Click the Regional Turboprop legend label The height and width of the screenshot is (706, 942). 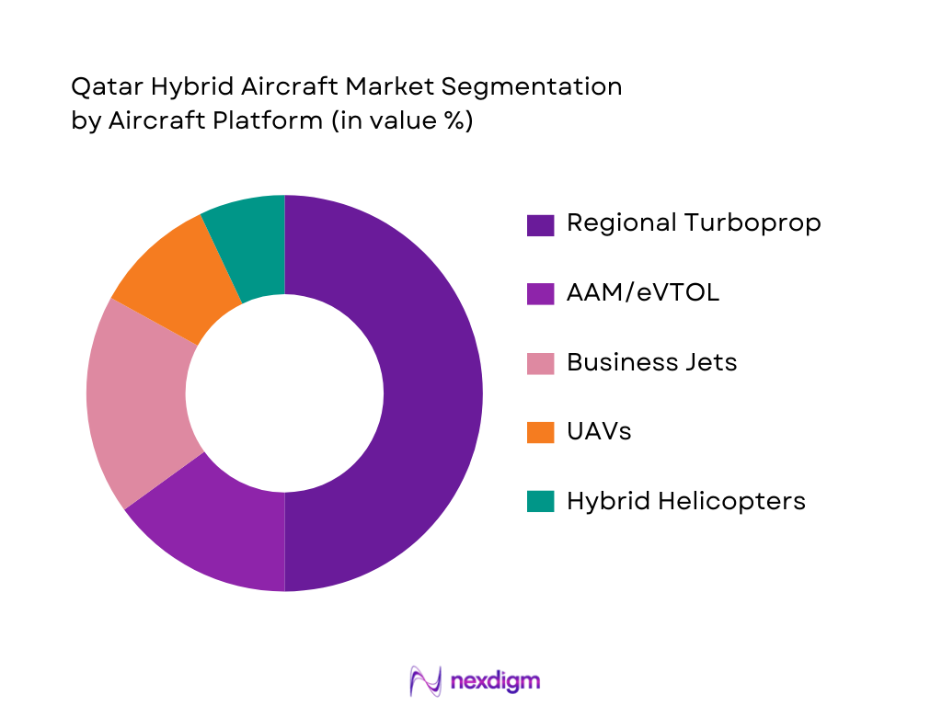[x=694, y=223]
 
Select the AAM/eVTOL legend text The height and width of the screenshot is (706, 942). [x=643, y=292]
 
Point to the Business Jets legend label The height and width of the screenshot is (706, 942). [x=651, y=362]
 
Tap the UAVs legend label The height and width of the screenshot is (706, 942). [x=599, y=431]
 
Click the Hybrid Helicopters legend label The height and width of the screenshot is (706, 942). [x=686, y=501]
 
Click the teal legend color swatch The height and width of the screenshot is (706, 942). [x=540, y=501]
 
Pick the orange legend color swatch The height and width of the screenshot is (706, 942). [x=540, y=432]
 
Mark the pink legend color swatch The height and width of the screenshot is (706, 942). [x=540, y=362]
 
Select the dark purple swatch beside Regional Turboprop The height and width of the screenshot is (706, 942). [x=540, y=224]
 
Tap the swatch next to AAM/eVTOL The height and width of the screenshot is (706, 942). [x=540, y=293]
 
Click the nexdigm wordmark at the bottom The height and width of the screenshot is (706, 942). [x=496, y=681]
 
